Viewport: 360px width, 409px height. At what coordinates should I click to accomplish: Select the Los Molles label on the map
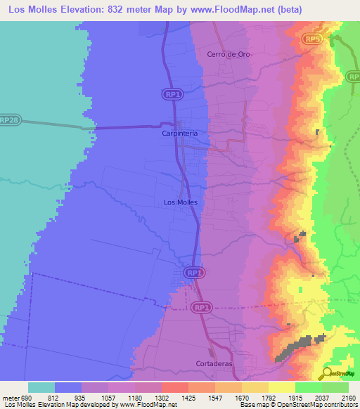pyautogui.click(x=180, y=202)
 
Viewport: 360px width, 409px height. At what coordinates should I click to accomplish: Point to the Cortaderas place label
pyautogui.click(x=214, y=364)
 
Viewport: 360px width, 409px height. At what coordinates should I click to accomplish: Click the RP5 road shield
pyautogui.click(x=314, y=39)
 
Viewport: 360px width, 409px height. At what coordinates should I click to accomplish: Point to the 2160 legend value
pyautogui.click(x=347, y=397)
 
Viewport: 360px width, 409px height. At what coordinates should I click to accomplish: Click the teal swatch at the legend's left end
pyautogui.click(x=41, y=387)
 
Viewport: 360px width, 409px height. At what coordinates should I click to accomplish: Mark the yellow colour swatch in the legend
pyautogui.click(x=282, y=387)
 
